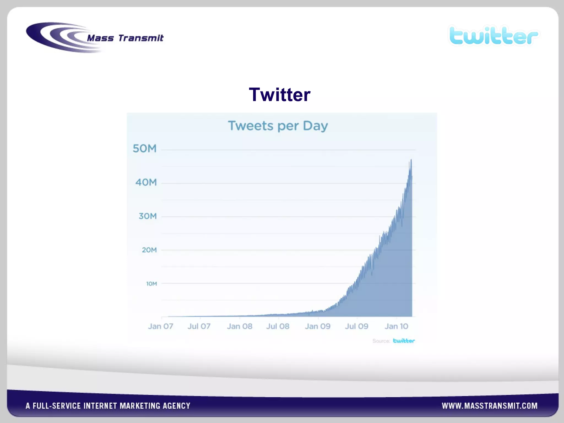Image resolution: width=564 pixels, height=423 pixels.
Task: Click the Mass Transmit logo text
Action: tap(125, 38)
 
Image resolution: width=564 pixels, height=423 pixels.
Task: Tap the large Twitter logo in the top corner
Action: tap(493, 36)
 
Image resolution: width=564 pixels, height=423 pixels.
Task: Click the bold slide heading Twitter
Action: tap(280, 94)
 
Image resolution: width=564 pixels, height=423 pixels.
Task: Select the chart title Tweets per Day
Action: tap(278, 126)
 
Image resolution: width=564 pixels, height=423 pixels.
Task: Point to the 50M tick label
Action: tap(145, 149)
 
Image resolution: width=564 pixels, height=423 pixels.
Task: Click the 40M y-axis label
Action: tap(146, 182)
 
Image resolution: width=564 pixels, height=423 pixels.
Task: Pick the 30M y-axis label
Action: tap(148, 216)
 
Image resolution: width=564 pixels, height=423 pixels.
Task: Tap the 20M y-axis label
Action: tap(149, 250)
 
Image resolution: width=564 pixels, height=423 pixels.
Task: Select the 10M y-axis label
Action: tap(151, 284)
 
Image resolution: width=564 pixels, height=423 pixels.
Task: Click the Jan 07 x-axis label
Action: tap(161, 326)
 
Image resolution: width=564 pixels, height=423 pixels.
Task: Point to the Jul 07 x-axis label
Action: tap(199, 326)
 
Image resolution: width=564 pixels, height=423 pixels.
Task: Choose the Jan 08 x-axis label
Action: tap(239, 326)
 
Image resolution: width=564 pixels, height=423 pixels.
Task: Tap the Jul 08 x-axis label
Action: tap(278, 326)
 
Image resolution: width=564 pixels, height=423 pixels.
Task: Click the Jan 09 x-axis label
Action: tap(318, 326)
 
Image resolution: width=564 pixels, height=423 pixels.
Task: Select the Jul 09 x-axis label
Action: tap(357, 326)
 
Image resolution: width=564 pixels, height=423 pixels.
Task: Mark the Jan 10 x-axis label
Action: tap(396, 326)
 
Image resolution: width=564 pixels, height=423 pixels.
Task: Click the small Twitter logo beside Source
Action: tap(404, 341)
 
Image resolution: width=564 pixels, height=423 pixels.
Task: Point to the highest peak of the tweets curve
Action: tap(411, 159)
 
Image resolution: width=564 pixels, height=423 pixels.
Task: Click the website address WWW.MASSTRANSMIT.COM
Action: tap(490, 406)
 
